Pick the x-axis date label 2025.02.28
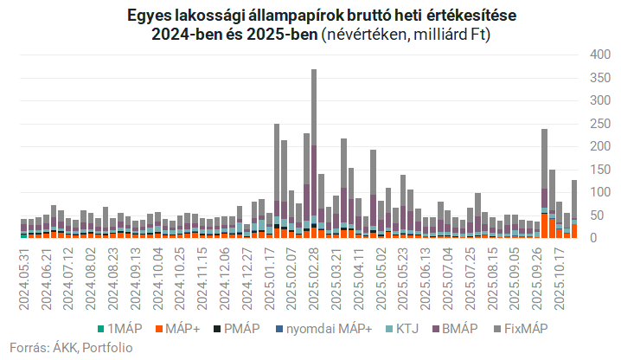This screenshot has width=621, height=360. tap(313, 273)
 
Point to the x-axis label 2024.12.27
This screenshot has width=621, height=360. tap(248, 273)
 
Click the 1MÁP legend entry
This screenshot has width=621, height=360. tap(124, 329)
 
